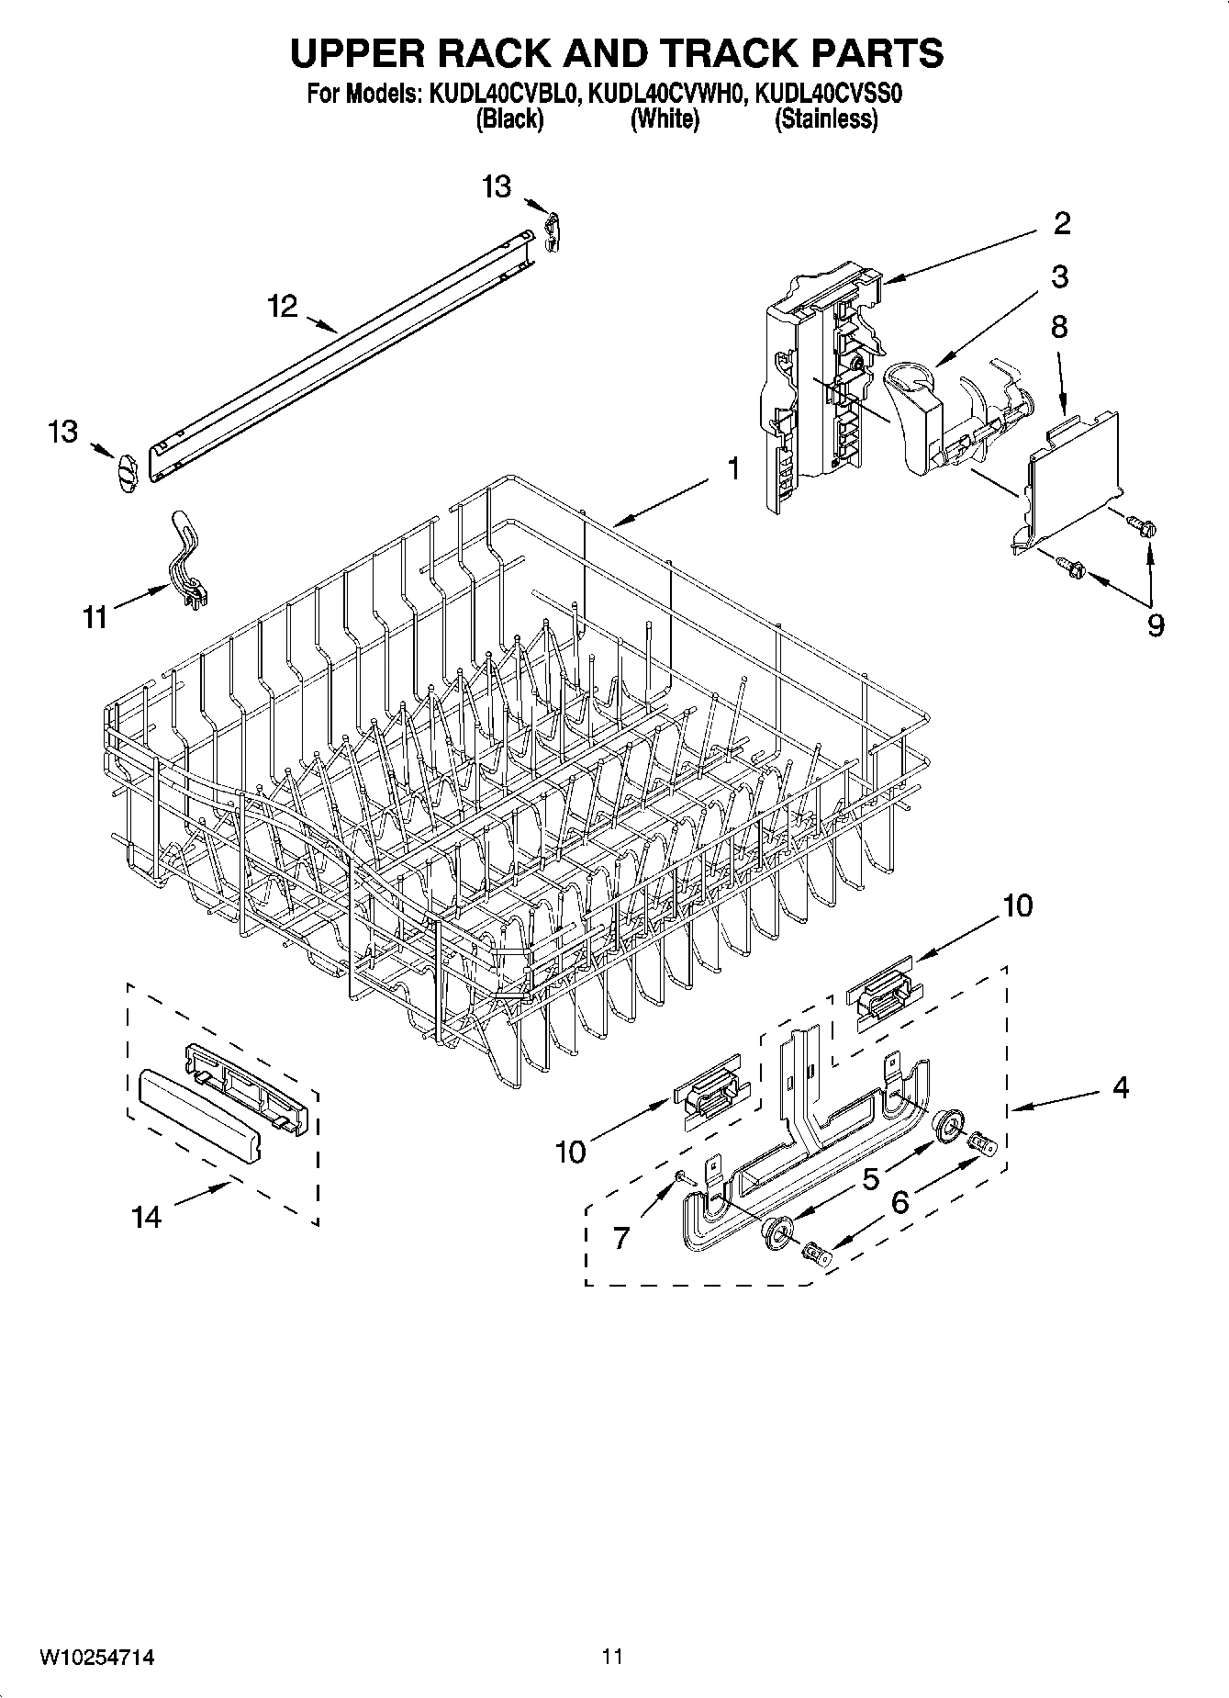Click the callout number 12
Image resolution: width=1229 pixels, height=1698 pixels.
(x=284, y=306)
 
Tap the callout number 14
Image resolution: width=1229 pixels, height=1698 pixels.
(x=147, y=1218)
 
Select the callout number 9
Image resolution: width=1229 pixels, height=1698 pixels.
(x=1156, y=625)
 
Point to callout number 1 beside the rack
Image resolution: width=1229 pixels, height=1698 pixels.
(x=733, y=469)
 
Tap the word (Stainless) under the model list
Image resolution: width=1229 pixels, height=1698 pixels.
(x=826, y=119)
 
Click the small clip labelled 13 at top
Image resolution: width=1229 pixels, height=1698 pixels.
(x=552, y=230)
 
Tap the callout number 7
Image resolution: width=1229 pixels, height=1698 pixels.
(x=621, y=1238)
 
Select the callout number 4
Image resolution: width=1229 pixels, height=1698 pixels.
(x=1120, y=1087)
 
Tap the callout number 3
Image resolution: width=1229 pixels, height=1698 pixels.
(x=1059, y=276)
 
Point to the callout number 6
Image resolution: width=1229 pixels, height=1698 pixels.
(x=899, y=1201)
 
